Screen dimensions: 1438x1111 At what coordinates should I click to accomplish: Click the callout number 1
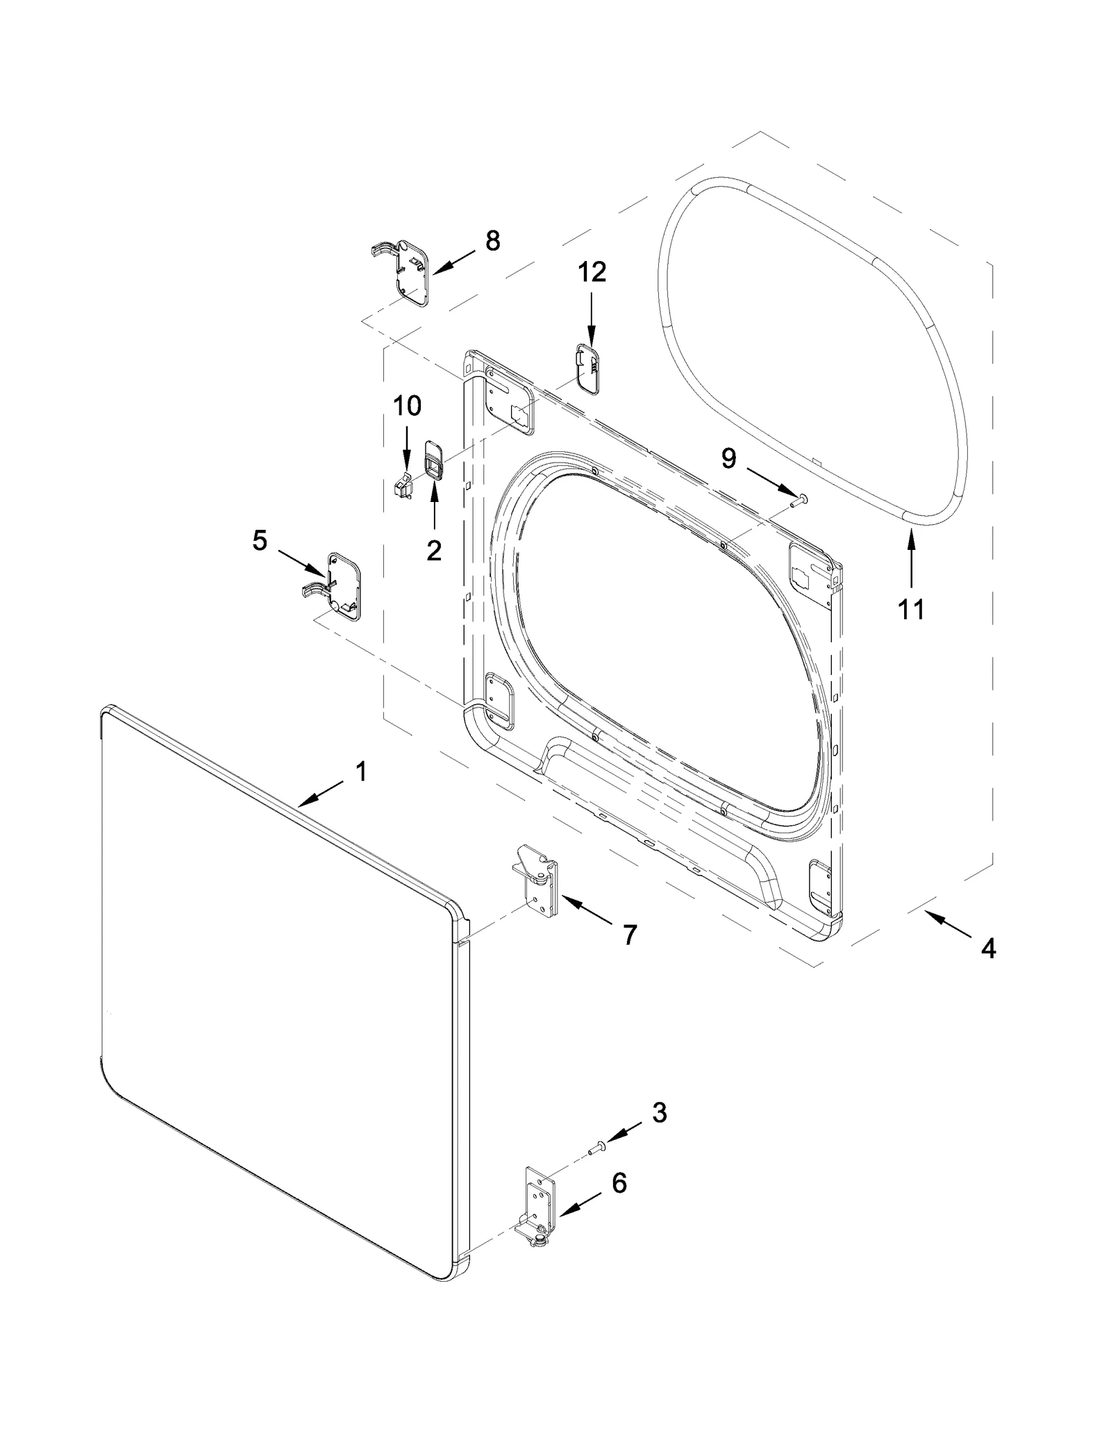click(x=361, y=771)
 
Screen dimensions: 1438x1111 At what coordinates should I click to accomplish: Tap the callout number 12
click(x=592, y=272)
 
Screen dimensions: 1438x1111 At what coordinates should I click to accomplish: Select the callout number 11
click(x=911, y=610)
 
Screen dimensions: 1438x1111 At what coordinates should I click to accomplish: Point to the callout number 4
click(x=988, y=948)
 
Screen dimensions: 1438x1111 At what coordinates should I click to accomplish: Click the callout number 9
click(x=728, y=458)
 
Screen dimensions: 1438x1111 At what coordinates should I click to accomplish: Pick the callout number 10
click(x=408, y=406)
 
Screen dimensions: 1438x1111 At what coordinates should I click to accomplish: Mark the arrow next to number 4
click(x=948, y=924)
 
